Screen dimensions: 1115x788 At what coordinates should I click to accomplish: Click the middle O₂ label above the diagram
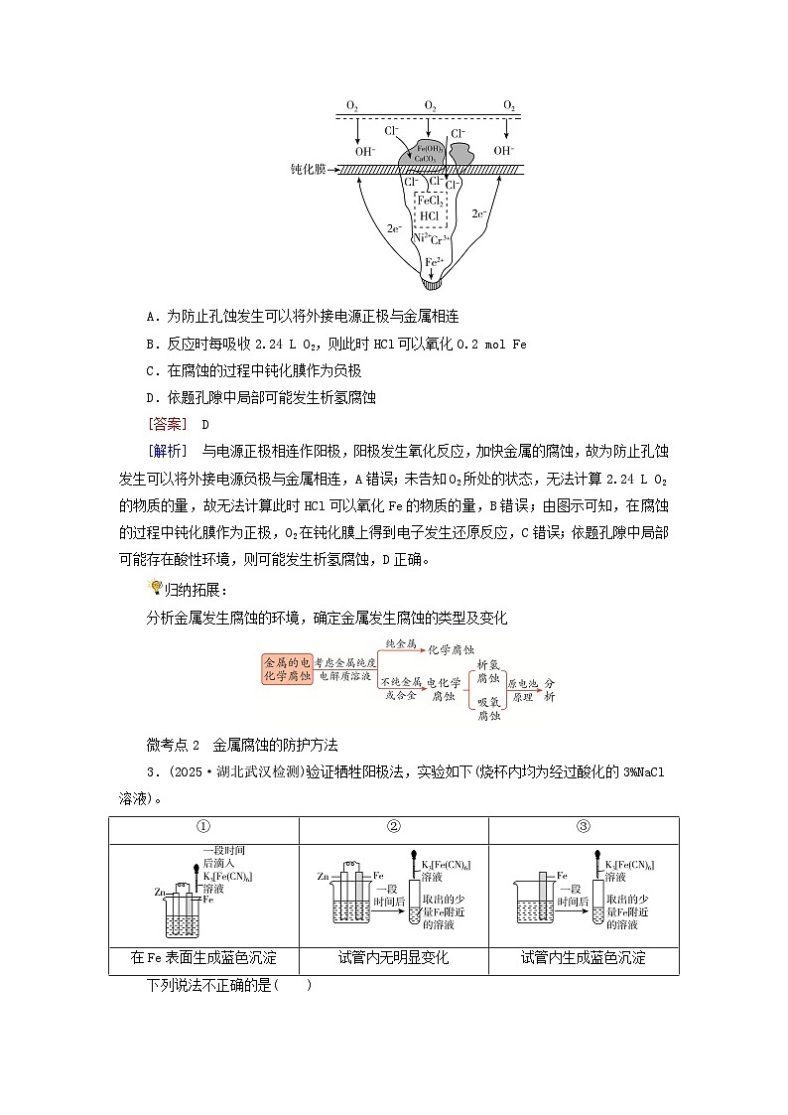430,105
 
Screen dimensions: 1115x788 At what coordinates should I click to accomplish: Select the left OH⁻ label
364,151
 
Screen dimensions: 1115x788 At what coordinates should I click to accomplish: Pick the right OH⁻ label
504,151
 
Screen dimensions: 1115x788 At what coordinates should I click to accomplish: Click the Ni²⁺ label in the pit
419,238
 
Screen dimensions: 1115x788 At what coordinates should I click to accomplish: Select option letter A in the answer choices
151,317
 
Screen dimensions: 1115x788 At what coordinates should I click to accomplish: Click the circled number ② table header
393,826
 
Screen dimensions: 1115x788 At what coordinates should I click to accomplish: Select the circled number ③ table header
584,826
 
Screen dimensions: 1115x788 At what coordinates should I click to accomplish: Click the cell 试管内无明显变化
393,958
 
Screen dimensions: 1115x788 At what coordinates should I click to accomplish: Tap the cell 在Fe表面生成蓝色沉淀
203,958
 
